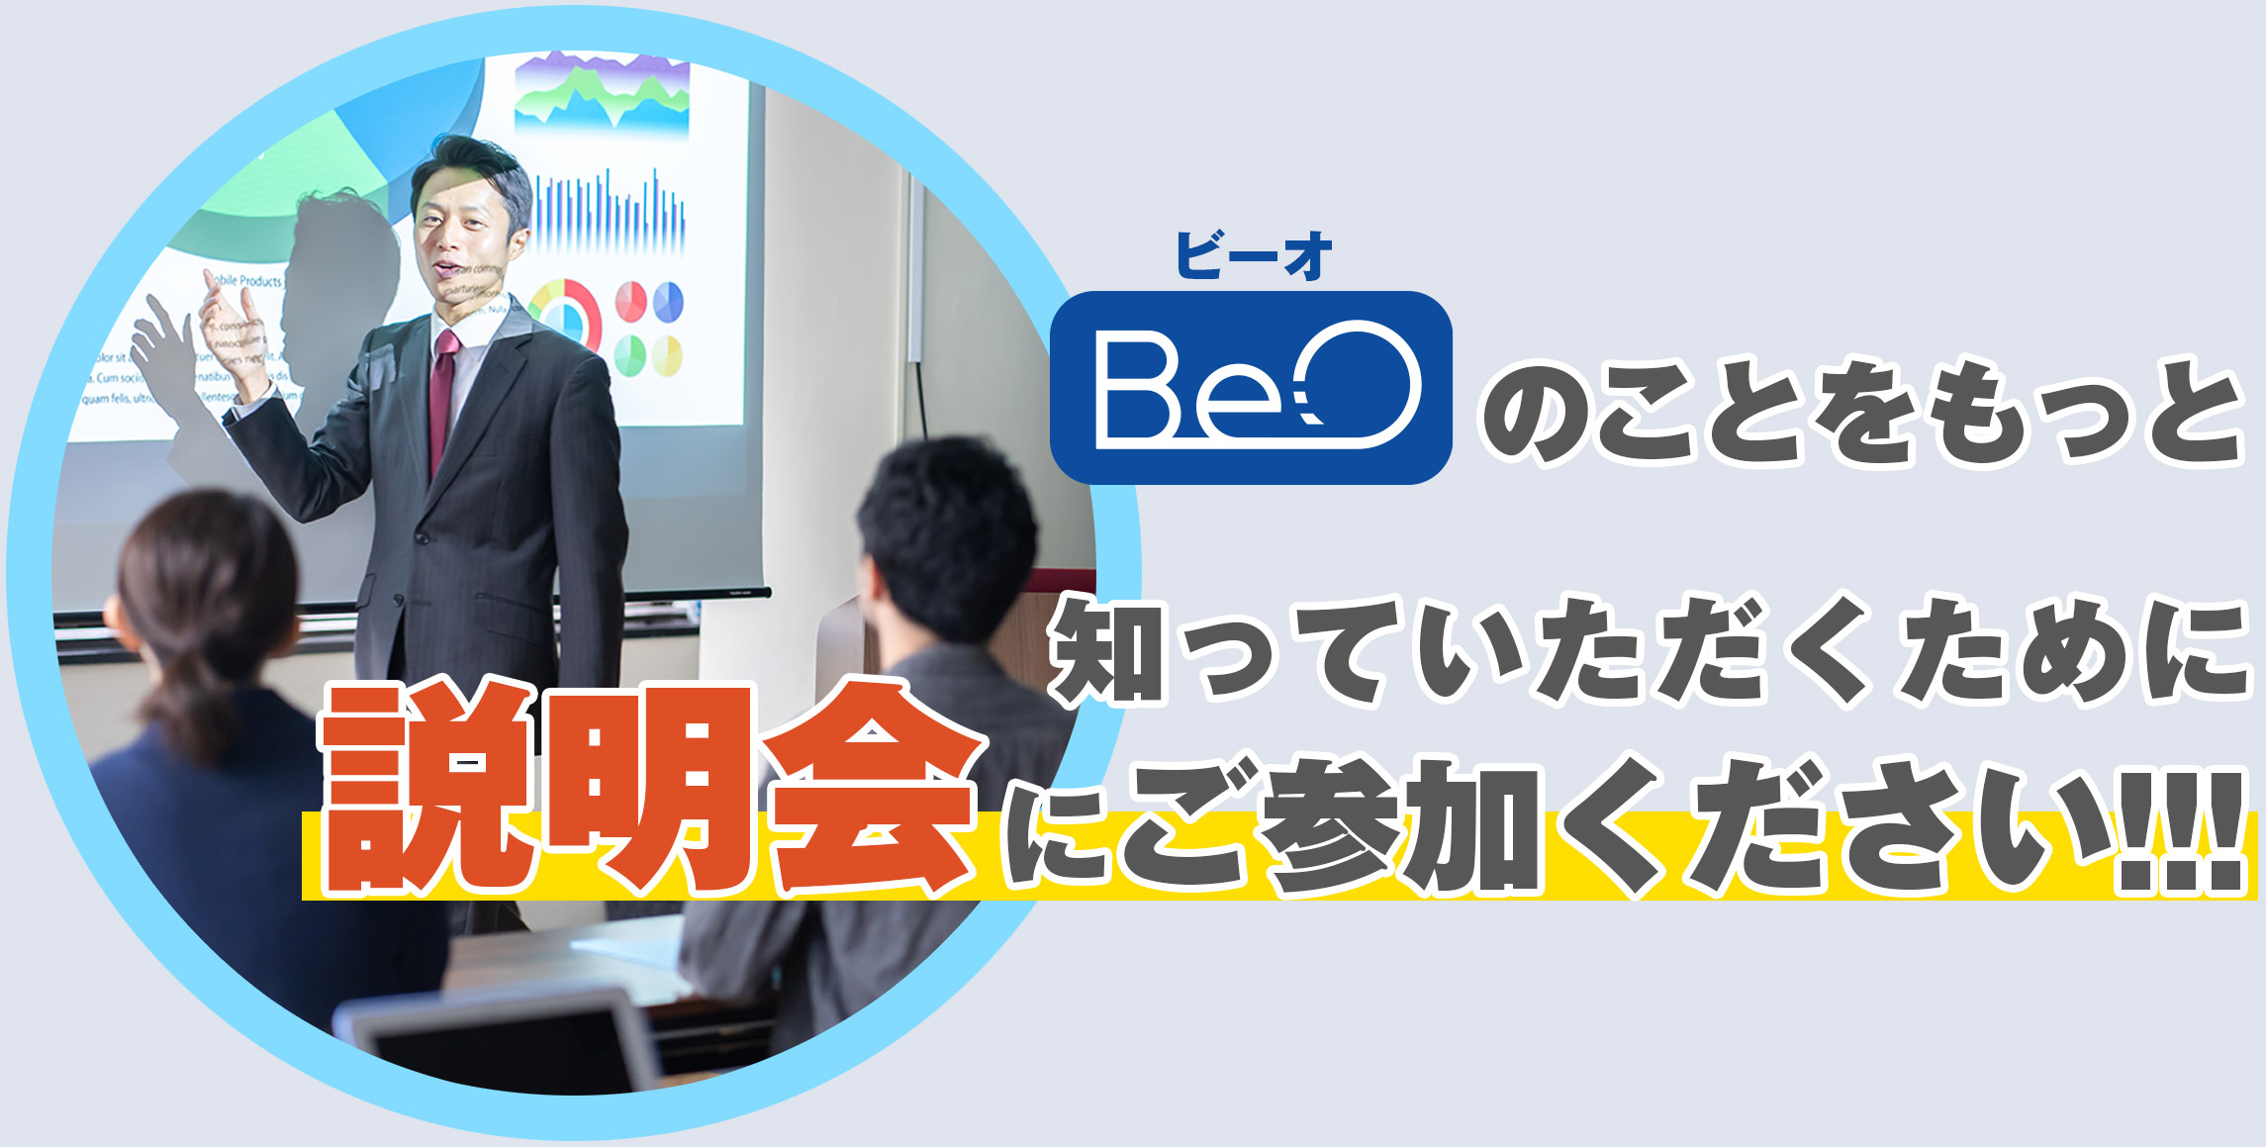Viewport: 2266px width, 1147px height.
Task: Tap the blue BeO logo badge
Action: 1251,387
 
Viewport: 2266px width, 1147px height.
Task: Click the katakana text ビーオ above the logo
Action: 1254,255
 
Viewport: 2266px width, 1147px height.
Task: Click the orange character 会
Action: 871,787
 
